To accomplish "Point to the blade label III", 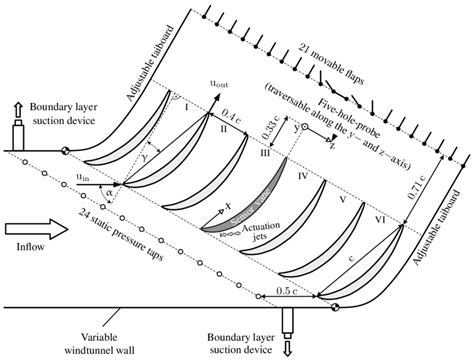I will point(265,153).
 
